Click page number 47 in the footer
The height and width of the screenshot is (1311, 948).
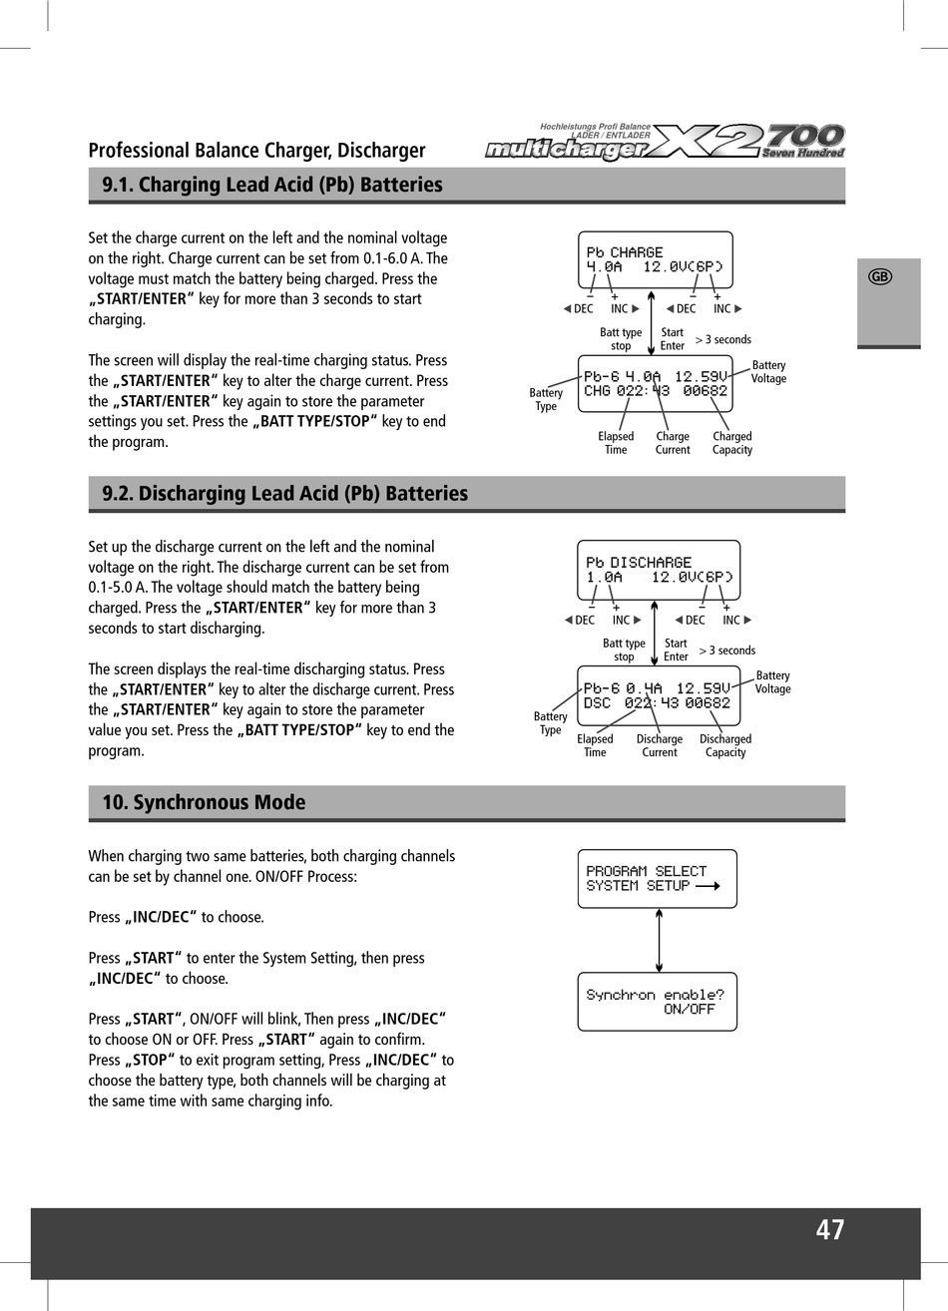[x=829, y=1230]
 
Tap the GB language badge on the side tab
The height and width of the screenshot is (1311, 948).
[x=879, y=277]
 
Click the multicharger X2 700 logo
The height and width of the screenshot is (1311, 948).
[x=666, y=142]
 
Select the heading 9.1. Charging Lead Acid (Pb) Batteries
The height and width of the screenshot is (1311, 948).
[x=272, y=185]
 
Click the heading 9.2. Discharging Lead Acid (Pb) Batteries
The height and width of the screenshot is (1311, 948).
[x=285, y=494]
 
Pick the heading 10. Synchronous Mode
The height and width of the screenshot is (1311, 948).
[x=205, y=803]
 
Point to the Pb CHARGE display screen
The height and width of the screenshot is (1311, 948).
[x=655, y=260]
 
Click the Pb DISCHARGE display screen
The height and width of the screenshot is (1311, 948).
[x=659, y=570]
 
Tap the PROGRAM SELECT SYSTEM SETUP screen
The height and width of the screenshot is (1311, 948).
[x=657, y=878]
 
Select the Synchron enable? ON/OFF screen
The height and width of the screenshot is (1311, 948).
[x=657, y=1001]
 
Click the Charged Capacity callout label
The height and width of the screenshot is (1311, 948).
[x=732, y=443]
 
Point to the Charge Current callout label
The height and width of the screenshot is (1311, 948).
[x=673, y=443]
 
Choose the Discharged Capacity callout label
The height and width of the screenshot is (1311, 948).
[x=725, y=746]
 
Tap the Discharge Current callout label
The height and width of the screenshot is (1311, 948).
[x=660, y=746]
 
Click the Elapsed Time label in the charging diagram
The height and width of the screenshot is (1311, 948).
[x=616, y=443]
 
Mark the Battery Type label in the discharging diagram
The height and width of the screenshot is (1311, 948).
[x=550, y=723]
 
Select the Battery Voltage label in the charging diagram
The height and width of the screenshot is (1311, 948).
[x=768, y=372]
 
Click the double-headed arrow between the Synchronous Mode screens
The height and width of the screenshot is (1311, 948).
[x=659, y=940]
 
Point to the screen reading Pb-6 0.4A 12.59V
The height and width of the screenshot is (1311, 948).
[x=658, y=695]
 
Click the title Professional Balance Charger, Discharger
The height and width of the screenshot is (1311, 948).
[x=256, y=151]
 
